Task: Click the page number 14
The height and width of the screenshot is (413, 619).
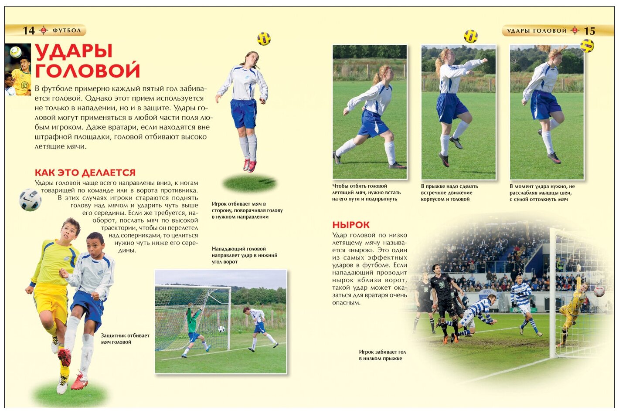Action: [x=29, y=30]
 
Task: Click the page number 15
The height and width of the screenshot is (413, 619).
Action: [x=589, y=30]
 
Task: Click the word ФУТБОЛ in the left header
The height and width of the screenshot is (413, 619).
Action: [x=67, y=30]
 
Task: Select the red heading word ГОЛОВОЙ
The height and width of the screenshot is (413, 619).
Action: [x=87, y=71]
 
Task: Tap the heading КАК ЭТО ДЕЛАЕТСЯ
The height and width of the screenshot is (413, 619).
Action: [x=85, y=173]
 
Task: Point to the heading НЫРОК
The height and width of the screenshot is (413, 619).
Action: [x=350, y=225]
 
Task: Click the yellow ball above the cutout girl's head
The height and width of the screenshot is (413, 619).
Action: [x=264, y=39]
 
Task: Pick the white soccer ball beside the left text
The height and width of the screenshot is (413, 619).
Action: [x=30, y=200]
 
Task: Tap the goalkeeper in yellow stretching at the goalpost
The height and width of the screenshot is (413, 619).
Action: [x=572, y=307]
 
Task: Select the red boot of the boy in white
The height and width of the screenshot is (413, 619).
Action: [x=79, y=383]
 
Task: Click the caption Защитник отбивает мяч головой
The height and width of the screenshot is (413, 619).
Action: [x=125, y=339]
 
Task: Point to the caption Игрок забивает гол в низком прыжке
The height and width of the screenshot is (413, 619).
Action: [x=382, y=355]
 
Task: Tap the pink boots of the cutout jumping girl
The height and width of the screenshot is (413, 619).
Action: [x=250, y=166]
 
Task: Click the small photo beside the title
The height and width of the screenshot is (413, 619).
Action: [x=17, y=69]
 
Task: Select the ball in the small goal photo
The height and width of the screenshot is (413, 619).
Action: [x=221, y=329]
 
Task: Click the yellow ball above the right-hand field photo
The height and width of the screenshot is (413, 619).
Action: [x=587, y=46]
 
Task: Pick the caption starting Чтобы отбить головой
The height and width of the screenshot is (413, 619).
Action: [x=366, y=193]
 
